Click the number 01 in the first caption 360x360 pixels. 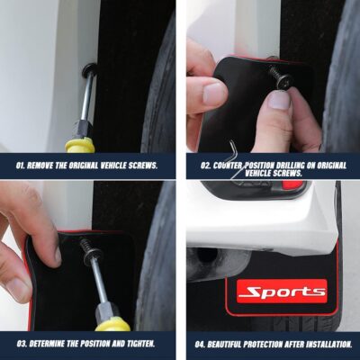tap(21, 166)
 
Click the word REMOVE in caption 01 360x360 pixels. tap(49, 166)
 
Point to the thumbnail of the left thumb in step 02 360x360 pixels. tap(214, 93)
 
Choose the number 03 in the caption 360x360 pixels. tap(21, 343)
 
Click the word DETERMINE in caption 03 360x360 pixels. tap(53, 343)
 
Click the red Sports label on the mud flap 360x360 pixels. tap(282, 292)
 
